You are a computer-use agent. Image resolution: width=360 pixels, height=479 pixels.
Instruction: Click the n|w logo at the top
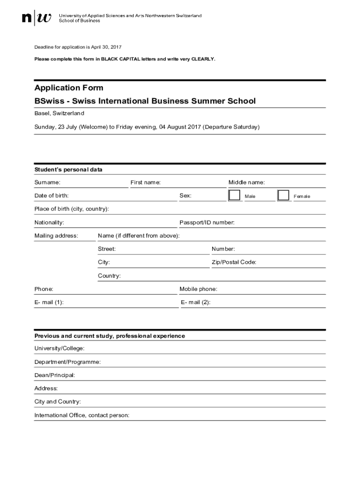[37, 18]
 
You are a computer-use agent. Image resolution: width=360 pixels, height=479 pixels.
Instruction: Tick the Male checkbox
[234, 196]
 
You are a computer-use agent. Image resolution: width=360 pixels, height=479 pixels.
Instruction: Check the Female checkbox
[283, 196]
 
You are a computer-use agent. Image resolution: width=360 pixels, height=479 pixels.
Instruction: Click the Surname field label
[47, 182]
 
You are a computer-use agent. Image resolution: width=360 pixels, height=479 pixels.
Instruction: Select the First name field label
[145, 182]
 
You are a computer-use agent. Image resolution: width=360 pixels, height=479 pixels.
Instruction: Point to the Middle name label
[246, 182]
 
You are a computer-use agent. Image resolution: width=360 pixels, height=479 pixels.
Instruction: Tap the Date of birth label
[51, 196]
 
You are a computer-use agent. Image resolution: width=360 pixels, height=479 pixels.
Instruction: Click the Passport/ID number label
[207, 223]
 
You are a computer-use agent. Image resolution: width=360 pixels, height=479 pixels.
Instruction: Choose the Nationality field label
[49, 223]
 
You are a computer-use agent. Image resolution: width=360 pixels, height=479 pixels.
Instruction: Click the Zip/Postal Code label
[234, 262]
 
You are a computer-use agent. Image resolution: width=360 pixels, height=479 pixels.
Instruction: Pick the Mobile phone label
[198, 289]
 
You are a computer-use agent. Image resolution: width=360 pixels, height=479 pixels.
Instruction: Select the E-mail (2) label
[195, 302]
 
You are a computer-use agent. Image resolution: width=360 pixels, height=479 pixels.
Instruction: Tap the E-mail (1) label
[49, 302]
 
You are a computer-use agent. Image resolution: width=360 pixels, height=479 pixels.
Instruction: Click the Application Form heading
[69, 88]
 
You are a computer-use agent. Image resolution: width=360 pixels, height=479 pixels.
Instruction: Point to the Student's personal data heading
[68, 169]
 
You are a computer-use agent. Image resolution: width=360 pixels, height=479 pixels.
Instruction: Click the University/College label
[59, 348]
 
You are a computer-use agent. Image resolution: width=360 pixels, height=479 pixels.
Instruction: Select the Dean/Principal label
[54, 375]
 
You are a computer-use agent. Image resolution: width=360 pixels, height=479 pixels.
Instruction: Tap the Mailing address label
[56, 236]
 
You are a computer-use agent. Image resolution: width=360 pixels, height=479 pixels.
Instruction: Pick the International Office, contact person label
[81, 415]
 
